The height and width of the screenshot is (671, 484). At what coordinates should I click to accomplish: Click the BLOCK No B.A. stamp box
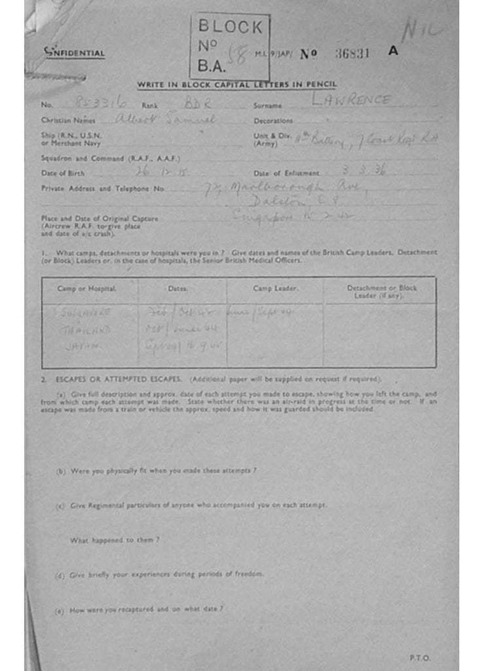point(229,47)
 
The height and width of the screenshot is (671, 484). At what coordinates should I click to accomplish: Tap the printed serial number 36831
point(352,54)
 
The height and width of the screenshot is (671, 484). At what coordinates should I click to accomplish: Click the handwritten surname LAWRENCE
point(351,100)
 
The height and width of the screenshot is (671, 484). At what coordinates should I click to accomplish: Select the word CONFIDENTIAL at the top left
point(74,52)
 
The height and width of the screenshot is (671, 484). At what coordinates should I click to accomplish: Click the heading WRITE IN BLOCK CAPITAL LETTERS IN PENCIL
point(237,85)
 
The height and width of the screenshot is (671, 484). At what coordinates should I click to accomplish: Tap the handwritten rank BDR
point(195,104)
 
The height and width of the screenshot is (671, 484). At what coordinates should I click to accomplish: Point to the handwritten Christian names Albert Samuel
point(164,119)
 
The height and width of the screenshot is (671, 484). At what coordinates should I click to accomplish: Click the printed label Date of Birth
point(63,173)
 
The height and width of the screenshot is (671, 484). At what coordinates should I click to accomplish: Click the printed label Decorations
point(273,121)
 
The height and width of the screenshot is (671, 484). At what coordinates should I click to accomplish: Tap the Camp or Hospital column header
point(87,289)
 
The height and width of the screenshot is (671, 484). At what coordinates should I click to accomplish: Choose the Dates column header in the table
point(177,289)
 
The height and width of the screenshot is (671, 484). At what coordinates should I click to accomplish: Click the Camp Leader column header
point(275,289)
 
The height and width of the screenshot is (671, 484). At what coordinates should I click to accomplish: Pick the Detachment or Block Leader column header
point(381,292)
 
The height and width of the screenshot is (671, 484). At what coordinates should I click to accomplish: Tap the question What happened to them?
point(115,540)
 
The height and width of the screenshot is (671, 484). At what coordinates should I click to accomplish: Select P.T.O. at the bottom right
point(420,658)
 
